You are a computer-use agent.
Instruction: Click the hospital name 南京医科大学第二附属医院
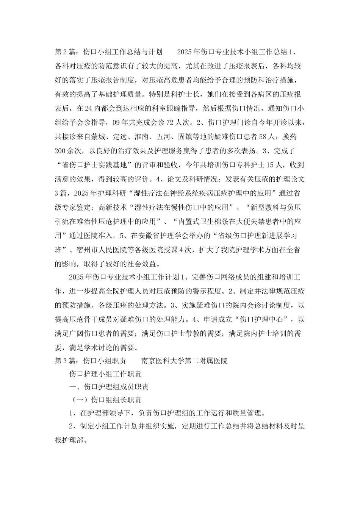[x=184, y=361]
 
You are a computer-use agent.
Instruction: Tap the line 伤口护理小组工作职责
[x=105, y=375]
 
